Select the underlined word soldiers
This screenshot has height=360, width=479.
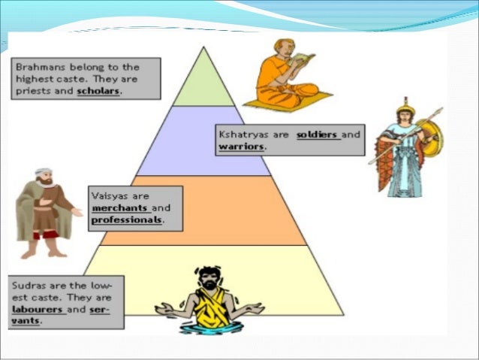(318, 135)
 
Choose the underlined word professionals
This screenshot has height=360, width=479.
(126, 220)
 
